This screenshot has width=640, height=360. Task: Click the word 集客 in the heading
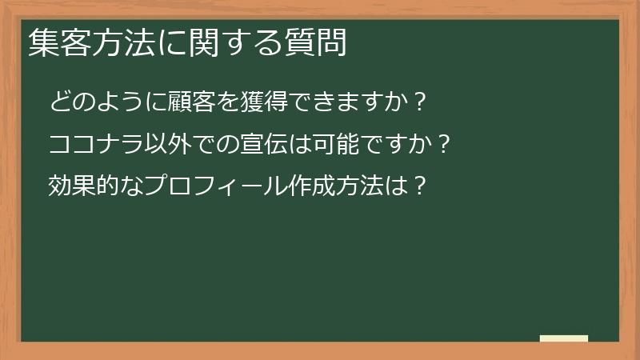pyautogui.click(x=56, y=44)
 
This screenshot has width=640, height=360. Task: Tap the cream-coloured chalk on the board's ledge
pyautogui.click(x=564, y=338)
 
